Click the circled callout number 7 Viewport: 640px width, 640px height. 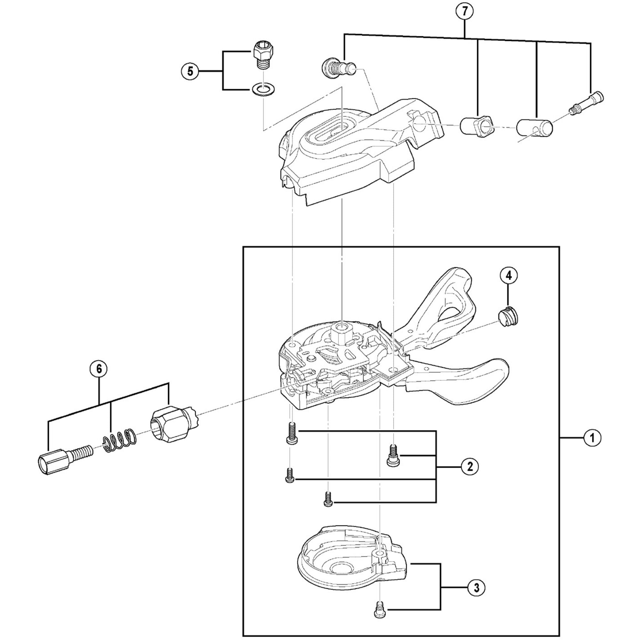tap(464, 11)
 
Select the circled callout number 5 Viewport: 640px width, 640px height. tap(190, 71)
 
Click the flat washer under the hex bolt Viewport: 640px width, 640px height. tap(263, 90)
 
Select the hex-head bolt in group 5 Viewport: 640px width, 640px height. tap(264, 54)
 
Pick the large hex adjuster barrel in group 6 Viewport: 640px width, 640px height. tap(172, 425)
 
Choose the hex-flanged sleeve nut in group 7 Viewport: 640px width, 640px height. tap(476, 127)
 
